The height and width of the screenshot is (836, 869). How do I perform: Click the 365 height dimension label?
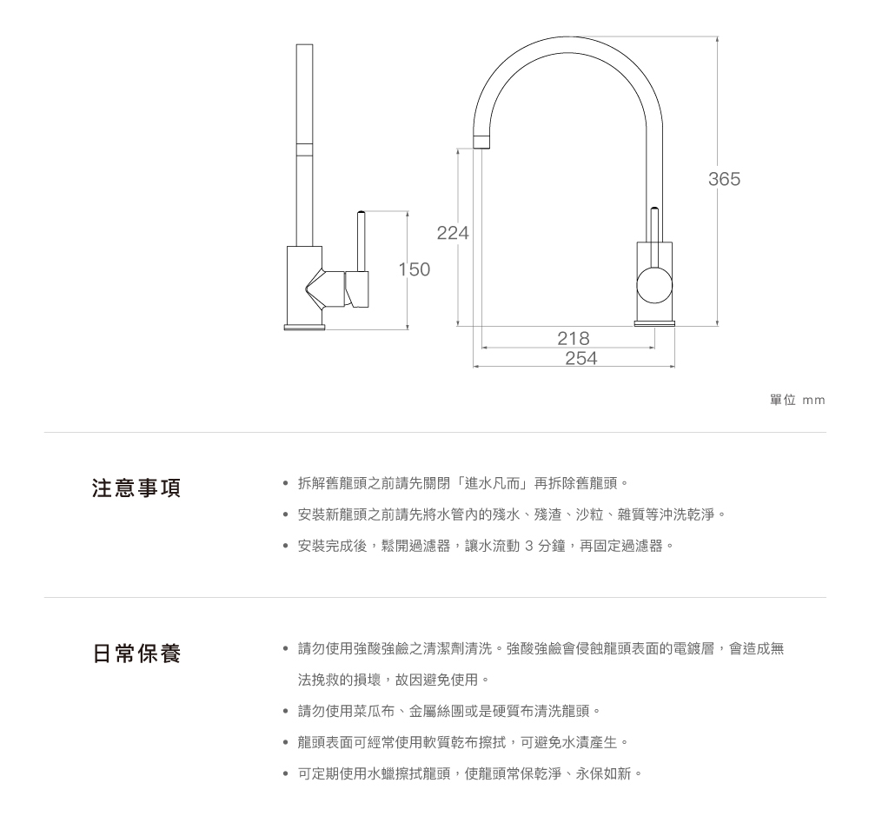tap(724, 179)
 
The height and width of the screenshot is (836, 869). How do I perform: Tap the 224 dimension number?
tap(453, 233)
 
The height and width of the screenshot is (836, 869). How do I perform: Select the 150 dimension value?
tap(414, 269)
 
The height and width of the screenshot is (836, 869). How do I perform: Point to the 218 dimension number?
tap(573, 338)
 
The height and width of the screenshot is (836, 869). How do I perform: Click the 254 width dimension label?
tap(580, 358)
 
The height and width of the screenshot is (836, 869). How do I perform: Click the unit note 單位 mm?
tap(797, 400)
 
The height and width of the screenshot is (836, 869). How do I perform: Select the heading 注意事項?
tap(136, 488)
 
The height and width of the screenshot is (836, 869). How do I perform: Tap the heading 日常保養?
tap(136, 653)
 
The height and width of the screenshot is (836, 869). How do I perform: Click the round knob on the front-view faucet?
tap(654, 285)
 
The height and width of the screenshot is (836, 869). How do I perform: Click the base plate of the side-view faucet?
tap(304, 327)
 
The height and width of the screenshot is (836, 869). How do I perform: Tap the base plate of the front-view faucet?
tap(654, 323)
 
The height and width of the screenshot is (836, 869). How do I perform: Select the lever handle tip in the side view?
tap(361, 213)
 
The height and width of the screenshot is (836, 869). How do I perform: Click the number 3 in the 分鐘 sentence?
tap(528, 546)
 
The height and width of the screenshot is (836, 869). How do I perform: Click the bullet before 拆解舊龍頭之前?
tap(285, 484)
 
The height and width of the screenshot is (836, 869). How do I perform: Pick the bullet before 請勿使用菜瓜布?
tap(285, 711)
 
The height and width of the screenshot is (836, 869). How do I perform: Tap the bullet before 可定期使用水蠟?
tap(285, 774)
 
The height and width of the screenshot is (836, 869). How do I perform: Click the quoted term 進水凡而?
tap(492, 483)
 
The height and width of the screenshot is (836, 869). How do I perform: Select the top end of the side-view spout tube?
tap(304, 45)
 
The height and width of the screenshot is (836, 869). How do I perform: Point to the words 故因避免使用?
tap(436, 680)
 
